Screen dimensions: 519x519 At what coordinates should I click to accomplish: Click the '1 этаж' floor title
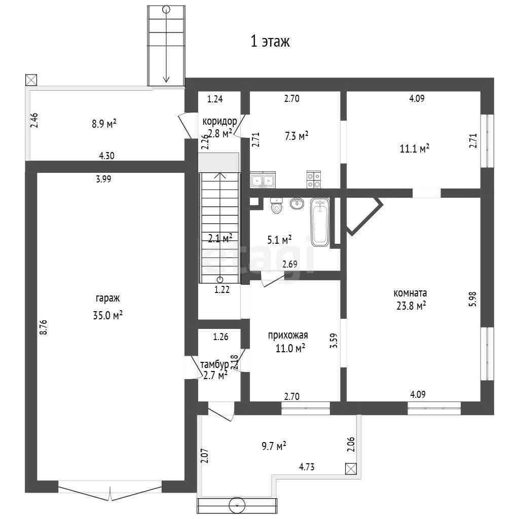[x=270, y=42]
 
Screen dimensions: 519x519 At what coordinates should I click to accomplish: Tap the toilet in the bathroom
[x=276, y=206]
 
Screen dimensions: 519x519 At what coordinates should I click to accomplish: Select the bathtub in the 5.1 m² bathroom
[x=320, y=222]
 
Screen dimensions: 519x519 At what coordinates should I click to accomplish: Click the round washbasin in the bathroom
[x=297, y=203]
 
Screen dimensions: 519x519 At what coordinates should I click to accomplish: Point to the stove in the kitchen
[x=313, y=180]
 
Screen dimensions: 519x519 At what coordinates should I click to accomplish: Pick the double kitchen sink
[x=263, y=180]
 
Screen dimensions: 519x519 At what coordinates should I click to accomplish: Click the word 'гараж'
[x=107, y=299]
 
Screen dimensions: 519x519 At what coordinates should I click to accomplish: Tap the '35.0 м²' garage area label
[x=107, y=315]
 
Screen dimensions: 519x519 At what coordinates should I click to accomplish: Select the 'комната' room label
[x=410, y=293]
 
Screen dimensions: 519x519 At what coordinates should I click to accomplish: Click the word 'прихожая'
[x=288, y=336]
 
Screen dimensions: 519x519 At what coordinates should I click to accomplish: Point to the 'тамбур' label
[x=214, y=364]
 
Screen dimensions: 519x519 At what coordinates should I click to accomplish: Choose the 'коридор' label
[x=220, y=122]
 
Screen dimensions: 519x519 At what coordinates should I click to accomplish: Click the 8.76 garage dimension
[x=44, y=327]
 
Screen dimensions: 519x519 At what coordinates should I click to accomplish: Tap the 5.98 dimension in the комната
[x=473, y=299]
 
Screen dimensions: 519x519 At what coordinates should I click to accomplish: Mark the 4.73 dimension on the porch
[x=307, y=467]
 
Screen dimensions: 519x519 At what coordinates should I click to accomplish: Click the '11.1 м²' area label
[x=415, y=149]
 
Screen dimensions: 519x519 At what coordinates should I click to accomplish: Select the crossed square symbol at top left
[x=31, y=80]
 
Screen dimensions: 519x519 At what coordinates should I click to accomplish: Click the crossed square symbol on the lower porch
[x=351, y=469]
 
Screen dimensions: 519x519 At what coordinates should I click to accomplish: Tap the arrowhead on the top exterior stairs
[x=166, y=80]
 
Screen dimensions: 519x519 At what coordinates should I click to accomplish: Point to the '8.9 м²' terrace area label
[x=104, y=124]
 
